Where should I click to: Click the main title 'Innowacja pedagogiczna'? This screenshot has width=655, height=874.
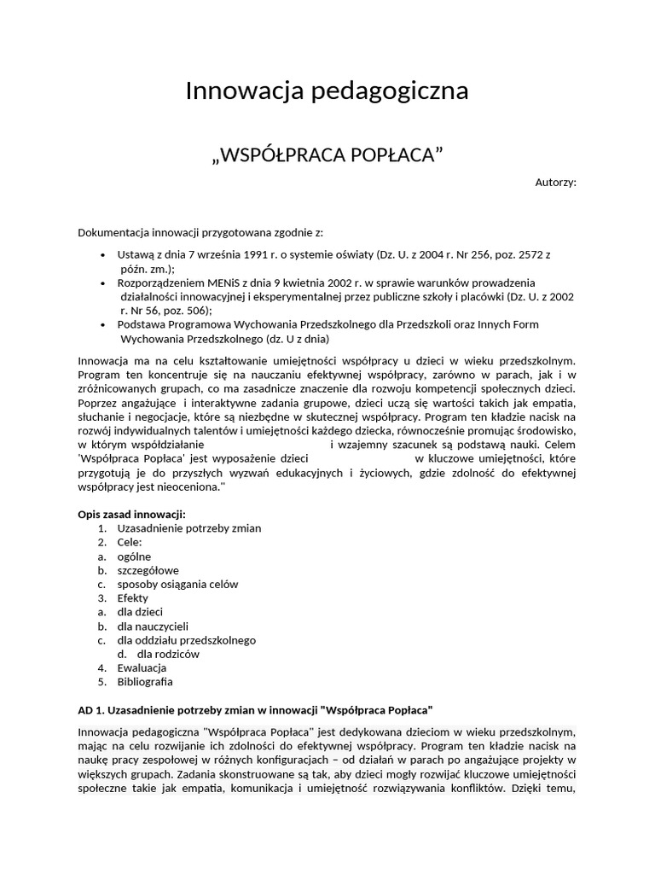[327, 90]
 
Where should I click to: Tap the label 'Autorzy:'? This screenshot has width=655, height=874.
[555, 182]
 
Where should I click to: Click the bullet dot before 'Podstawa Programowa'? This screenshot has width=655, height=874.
[103, 324]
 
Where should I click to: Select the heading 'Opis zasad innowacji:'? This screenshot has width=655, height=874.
[131, 514]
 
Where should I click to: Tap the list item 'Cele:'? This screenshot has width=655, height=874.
[130, 542]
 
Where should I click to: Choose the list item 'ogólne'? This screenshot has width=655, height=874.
[134, 556]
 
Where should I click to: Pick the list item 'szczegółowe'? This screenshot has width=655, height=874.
[148, 570]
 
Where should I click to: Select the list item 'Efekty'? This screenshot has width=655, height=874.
[132, 598]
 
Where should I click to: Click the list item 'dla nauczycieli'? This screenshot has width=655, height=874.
[153, 626]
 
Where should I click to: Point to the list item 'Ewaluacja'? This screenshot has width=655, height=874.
[142, 667]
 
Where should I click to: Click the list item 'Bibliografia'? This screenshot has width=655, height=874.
[145, 681]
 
